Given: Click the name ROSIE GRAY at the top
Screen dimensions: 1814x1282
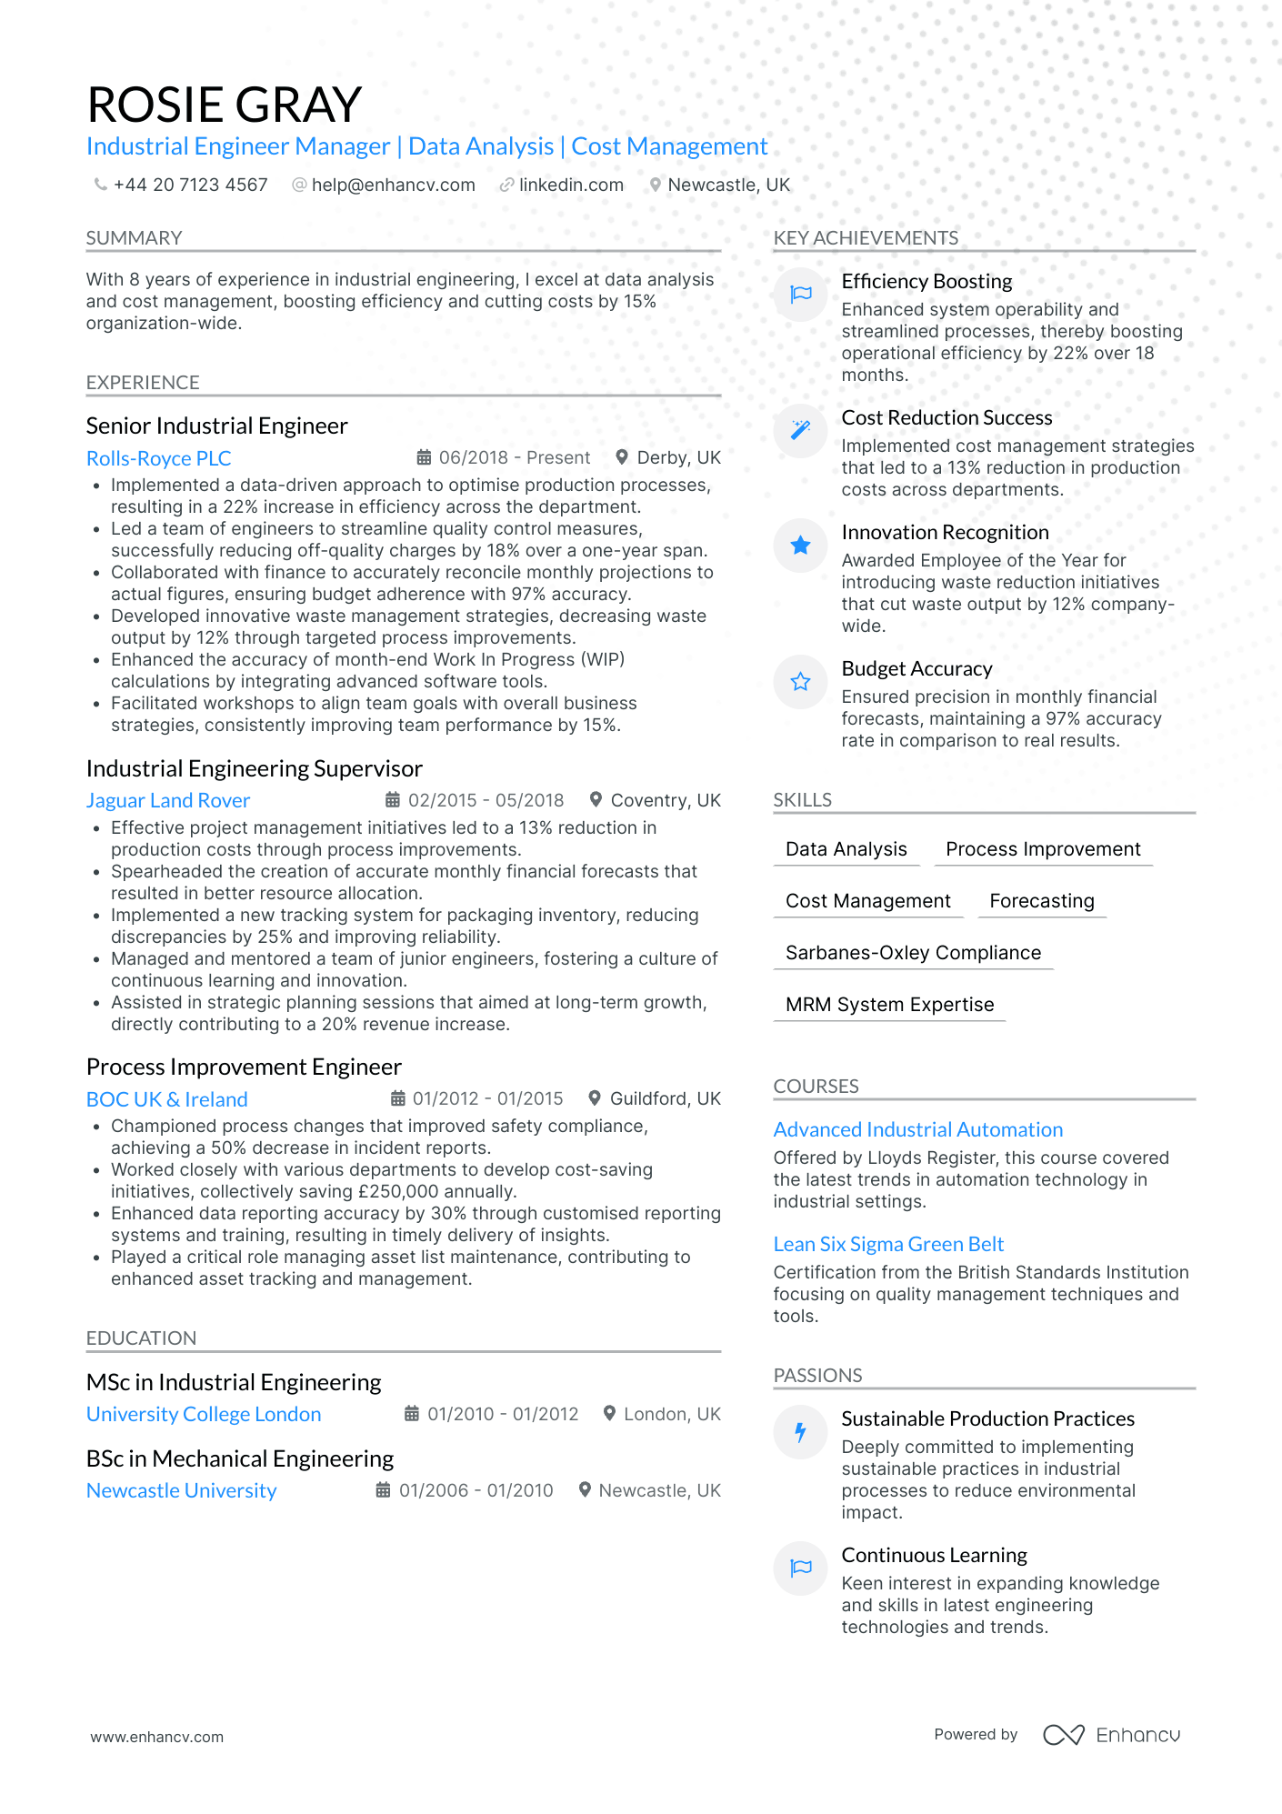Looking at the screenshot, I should (x=225, y=105).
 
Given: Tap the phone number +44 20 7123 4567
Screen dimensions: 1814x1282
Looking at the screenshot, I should (x=190, y=185).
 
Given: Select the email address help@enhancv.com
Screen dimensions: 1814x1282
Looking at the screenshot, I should (x=393, y=185).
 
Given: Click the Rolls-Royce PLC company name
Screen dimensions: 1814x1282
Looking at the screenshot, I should (x=159, y=458).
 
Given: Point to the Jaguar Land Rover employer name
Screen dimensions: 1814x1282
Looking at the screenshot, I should (x=168, y=800).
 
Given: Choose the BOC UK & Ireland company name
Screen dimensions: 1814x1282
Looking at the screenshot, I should (x=167, y=1099).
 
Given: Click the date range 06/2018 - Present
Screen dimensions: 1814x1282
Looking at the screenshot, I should (x=514, y=457).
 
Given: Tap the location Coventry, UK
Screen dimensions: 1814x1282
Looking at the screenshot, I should (x=665, y=800).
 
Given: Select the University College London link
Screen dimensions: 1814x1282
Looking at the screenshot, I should (x=204, y=1414).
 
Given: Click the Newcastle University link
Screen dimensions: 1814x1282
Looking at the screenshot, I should (x=182, y=1490).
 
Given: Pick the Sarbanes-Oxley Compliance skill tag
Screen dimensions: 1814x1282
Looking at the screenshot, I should (x=913, y=952).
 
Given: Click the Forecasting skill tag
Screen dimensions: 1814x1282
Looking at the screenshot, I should (x=1042, y=900).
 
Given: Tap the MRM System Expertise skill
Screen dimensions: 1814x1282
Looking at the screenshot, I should (x=889, y=1004).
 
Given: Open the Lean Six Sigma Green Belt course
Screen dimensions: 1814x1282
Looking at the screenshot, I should (x=888, y=1244).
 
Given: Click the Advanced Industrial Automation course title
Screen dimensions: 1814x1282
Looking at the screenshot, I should (x=918, y=1129).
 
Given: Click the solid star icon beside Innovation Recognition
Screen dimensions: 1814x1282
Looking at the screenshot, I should (x=801, y=546).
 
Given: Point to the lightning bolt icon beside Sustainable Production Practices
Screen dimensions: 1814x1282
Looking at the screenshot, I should (x=801, y=1432).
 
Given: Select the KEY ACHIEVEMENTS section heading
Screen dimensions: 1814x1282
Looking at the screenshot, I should (x=866, y=238).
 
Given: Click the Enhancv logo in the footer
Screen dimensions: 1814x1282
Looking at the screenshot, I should (x=1111, y=1735).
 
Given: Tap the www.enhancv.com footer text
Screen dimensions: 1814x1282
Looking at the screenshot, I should (x=157, y=1737).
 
